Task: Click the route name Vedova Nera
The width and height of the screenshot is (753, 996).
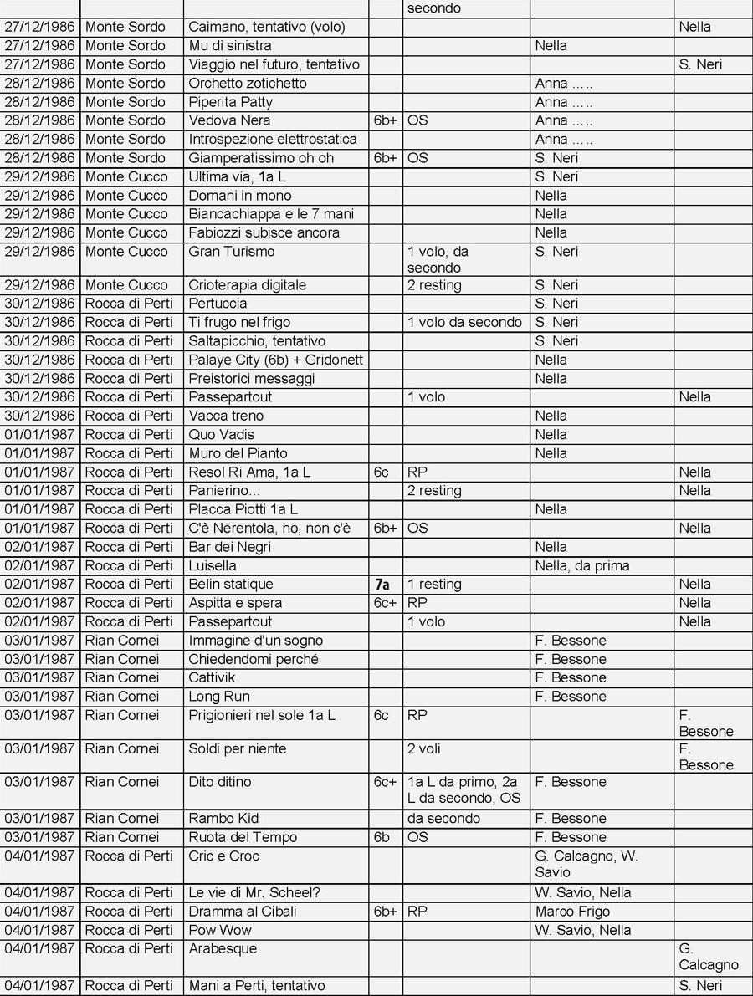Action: tap(229, 120)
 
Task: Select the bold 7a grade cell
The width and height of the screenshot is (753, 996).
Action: tap(382, 585)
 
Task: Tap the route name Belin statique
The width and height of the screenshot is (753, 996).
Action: tap(231, 585)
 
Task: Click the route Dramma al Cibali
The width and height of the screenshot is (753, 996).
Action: tap(243, 912)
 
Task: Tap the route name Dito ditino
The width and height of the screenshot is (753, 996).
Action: tap(220, 782)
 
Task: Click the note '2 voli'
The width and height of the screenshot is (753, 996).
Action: tap(424, 748)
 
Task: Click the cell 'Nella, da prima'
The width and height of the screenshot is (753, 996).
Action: tap(582, 566)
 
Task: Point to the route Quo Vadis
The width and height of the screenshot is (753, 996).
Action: tap(222, 435)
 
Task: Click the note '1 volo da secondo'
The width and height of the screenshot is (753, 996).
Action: tap(464, 323)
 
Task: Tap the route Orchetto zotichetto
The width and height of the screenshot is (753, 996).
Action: tap(248, 84)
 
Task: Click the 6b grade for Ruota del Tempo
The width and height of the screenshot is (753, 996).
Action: tap(382, 837)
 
